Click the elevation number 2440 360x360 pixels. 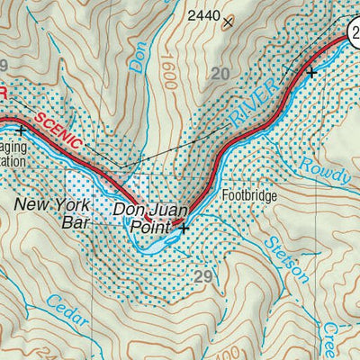(x=202, y=15)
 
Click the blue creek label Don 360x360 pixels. (x=139, y=57)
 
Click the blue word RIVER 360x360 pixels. (x=243, y=111)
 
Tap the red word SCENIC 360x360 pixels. (x=60, y=131)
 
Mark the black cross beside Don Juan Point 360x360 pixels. (x=184, y=229)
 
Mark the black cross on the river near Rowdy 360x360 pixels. (x=310, y=72)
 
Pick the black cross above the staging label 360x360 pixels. (x=19, y=130)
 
